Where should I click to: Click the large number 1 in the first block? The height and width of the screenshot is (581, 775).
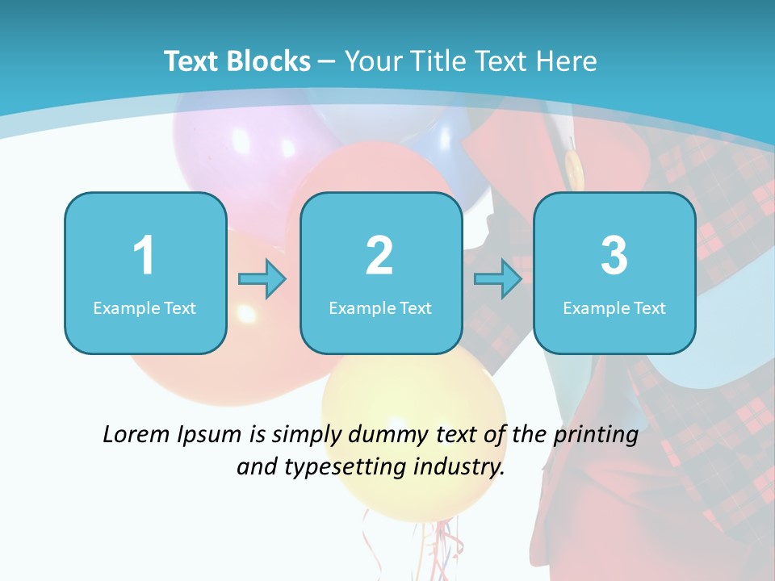coord(144,256)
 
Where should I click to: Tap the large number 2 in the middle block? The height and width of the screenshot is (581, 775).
coord(379,256)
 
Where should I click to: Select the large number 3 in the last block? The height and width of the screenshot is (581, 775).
coord(614,256)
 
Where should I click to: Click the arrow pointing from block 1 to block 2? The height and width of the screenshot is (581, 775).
coord(262,279)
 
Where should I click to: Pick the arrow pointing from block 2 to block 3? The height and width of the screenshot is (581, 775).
coord(498,279)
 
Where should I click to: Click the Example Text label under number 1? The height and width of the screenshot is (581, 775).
coord(145,307)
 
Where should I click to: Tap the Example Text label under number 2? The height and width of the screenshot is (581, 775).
coord(380,307)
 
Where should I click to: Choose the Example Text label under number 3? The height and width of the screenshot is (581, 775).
coord(614,307)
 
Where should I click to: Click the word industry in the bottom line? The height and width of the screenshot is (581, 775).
coord(459,466)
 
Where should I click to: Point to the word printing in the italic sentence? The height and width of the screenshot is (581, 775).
coord(596,436)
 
